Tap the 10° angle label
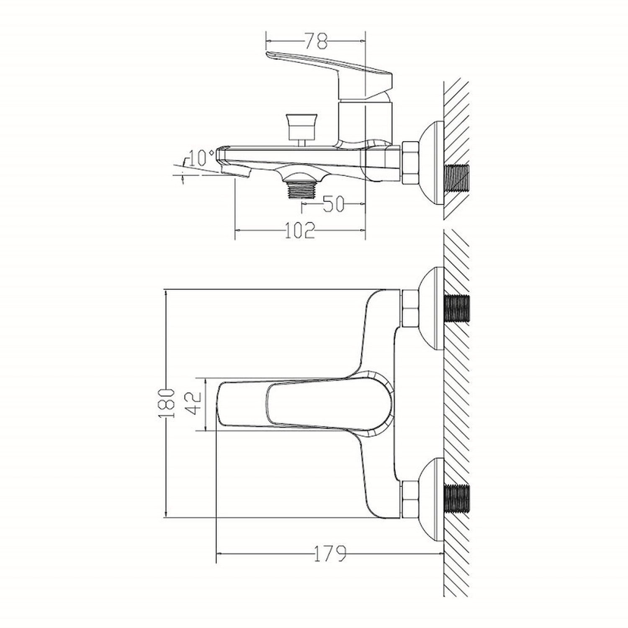[x=201, y=158]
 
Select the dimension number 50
[x=334, y=204]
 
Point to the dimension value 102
[x=300, y=230]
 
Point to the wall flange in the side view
[x=431, y=163]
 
